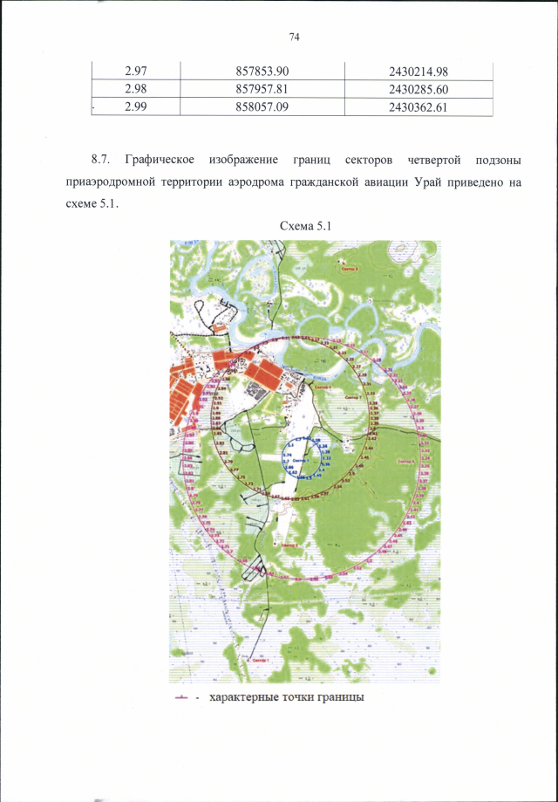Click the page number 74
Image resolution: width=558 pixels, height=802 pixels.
click(293, 37)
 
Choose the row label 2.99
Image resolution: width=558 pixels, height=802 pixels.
click(136, 107)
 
